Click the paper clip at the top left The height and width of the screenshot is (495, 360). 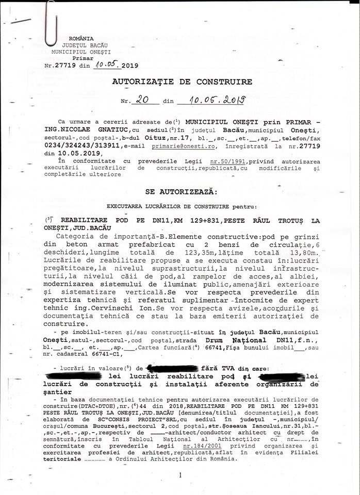[x=50, y=23]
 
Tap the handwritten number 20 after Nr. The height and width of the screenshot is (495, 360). [x=139, y=101]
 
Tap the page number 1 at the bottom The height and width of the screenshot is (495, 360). [x=180, y=475]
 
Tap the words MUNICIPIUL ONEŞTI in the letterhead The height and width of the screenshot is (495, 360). [x=81, y=52]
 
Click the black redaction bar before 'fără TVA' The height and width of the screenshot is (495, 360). [x=172, y=368]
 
